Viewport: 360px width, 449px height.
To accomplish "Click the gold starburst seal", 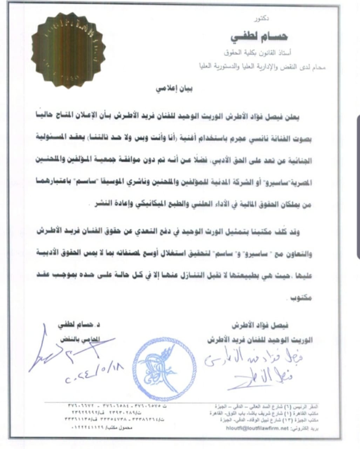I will [67, 48].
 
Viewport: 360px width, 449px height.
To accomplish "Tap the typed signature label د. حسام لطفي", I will [79, 325].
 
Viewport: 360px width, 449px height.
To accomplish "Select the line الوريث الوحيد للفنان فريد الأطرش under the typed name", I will [260, 340].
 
